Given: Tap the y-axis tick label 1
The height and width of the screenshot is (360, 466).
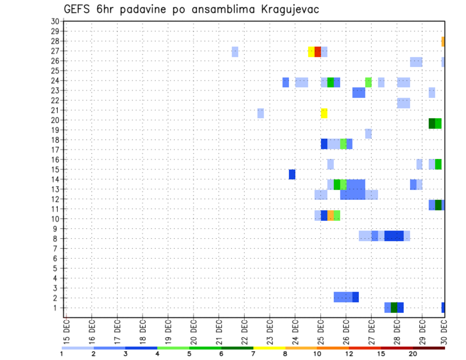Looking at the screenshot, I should point(56,308).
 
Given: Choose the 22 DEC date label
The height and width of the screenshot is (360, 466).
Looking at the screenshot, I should point(244,330).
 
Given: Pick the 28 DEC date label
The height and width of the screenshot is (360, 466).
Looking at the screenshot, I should point(397,330).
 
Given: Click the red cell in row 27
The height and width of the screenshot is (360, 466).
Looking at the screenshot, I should point(317,51).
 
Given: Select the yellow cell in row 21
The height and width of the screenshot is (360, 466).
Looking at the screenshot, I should point(324,113).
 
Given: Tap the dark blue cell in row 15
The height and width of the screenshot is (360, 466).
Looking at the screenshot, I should point(292,174).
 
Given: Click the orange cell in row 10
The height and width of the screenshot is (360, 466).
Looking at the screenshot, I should point(331,215).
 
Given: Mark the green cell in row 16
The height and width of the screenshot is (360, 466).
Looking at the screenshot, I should point(438,164).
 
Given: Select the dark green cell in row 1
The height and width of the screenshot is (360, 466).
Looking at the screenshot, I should point(394,308).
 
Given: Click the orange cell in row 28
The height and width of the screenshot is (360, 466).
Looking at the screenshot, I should point(443,42).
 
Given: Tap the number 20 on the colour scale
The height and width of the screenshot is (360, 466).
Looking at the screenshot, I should point(413,354).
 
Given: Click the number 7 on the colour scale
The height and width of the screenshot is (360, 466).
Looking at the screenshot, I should point(253,354).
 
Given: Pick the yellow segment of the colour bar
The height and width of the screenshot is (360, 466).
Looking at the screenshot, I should point(269,348).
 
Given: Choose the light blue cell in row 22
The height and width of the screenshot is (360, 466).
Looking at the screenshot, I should point(403,103).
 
